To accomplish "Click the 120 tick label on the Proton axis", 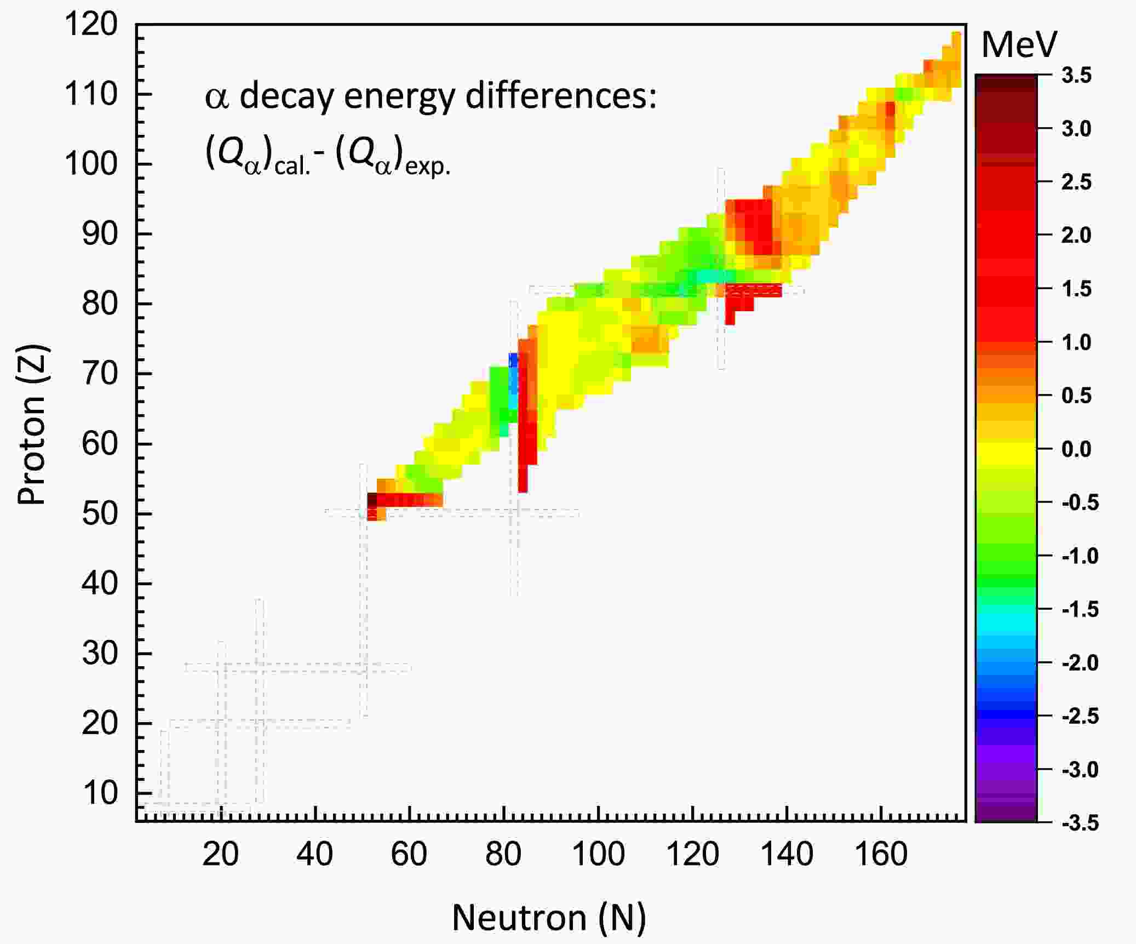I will [x=91, y=25].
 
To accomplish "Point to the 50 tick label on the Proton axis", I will [x=100, y=514].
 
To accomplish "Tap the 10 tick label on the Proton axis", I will [x=100, y=793].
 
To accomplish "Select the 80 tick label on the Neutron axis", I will [x=503, y=854].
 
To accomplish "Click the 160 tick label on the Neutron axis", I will [x=881, y=854].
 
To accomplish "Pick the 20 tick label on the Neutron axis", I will [x=220, y=854].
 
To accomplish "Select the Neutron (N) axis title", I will [x=549, y=918].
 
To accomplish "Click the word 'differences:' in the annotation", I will [x=561, y=97].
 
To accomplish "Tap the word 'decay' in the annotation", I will [x=286, y=97].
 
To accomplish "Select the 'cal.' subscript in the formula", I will [x=292, y=165].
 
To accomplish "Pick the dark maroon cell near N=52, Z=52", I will [x=372, y=500].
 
